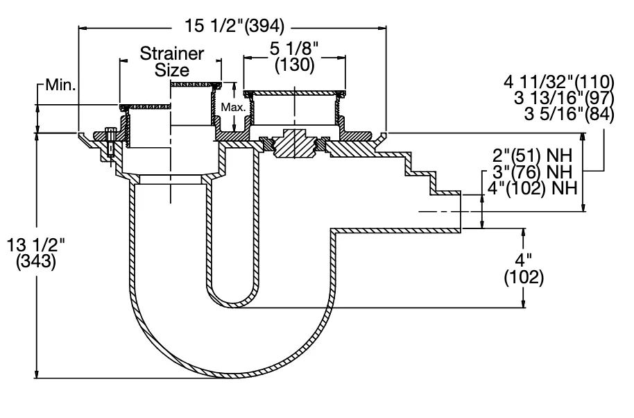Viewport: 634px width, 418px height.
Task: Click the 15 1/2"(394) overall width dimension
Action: point(234,26)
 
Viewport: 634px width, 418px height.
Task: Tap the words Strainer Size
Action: point(172,62)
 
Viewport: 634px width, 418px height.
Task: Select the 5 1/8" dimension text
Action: point(294,49)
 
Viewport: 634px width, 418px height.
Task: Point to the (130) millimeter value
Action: point(294,65)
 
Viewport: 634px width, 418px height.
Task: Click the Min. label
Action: point(60,85)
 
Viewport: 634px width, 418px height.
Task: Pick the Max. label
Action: point(233,108)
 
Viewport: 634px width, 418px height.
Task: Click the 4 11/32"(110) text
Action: point(559,82)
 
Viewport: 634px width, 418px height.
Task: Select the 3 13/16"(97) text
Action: point(564,98)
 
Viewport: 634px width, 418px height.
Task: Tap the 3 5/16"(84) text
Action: point(569,114)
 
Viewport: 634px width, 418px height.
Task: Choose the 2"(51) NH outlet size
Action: point(533,156)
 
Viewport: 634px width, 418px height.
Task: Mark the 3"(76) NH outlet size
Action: point(533,172)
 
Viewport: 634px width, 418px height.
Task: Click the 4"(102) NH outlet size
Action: point(533,189)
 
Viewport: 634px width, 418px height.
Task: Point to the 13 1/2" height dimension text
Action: point(35,245)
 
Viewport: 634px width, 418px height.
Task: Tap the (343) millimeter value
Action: point(36,262)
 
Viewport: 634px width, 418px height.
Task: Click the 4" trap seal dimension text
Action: point(524,258)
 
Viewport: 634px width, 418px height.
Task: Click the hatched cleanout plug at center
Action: point(294,144)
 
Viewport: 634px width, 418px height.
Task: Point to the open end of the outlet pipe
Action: point(461,212)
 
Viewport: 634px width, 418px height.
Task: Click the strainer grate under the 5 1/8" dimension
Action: point(294,94)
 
